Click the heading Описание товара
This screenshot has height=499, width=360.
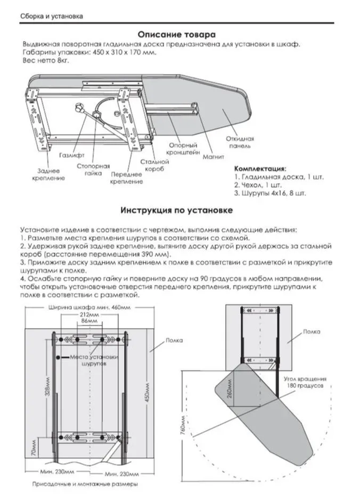pos(177,34)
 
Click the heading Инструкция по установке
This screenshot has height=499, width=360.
pos(177,210)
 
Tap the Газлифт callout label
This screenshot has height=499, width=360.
pos(72,155)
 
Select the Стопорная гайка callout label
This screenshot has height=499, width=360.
pos(93,170)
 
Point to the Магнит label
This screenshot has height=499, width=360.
pos(213,157)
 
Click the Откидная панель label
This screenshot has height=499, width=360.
pos(240,142)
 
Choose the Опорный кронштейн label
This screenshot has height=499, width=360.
pos(183,148)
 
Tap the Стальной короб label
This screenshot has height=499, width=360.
pos(154,165)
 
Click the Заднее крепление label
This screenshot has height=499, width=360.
pos(49,175)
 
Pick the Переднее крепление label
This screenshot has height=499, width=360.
pos(127,178)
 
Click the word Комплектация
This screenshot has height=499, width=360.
pos(260,168)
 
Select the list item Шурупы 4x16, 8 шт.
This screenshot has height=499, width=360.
pos(270,193)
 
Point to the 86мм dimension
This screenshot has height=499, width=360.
pos(89,321)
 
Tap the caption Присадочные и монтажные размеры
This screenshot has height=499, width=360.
pos(85,484)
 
